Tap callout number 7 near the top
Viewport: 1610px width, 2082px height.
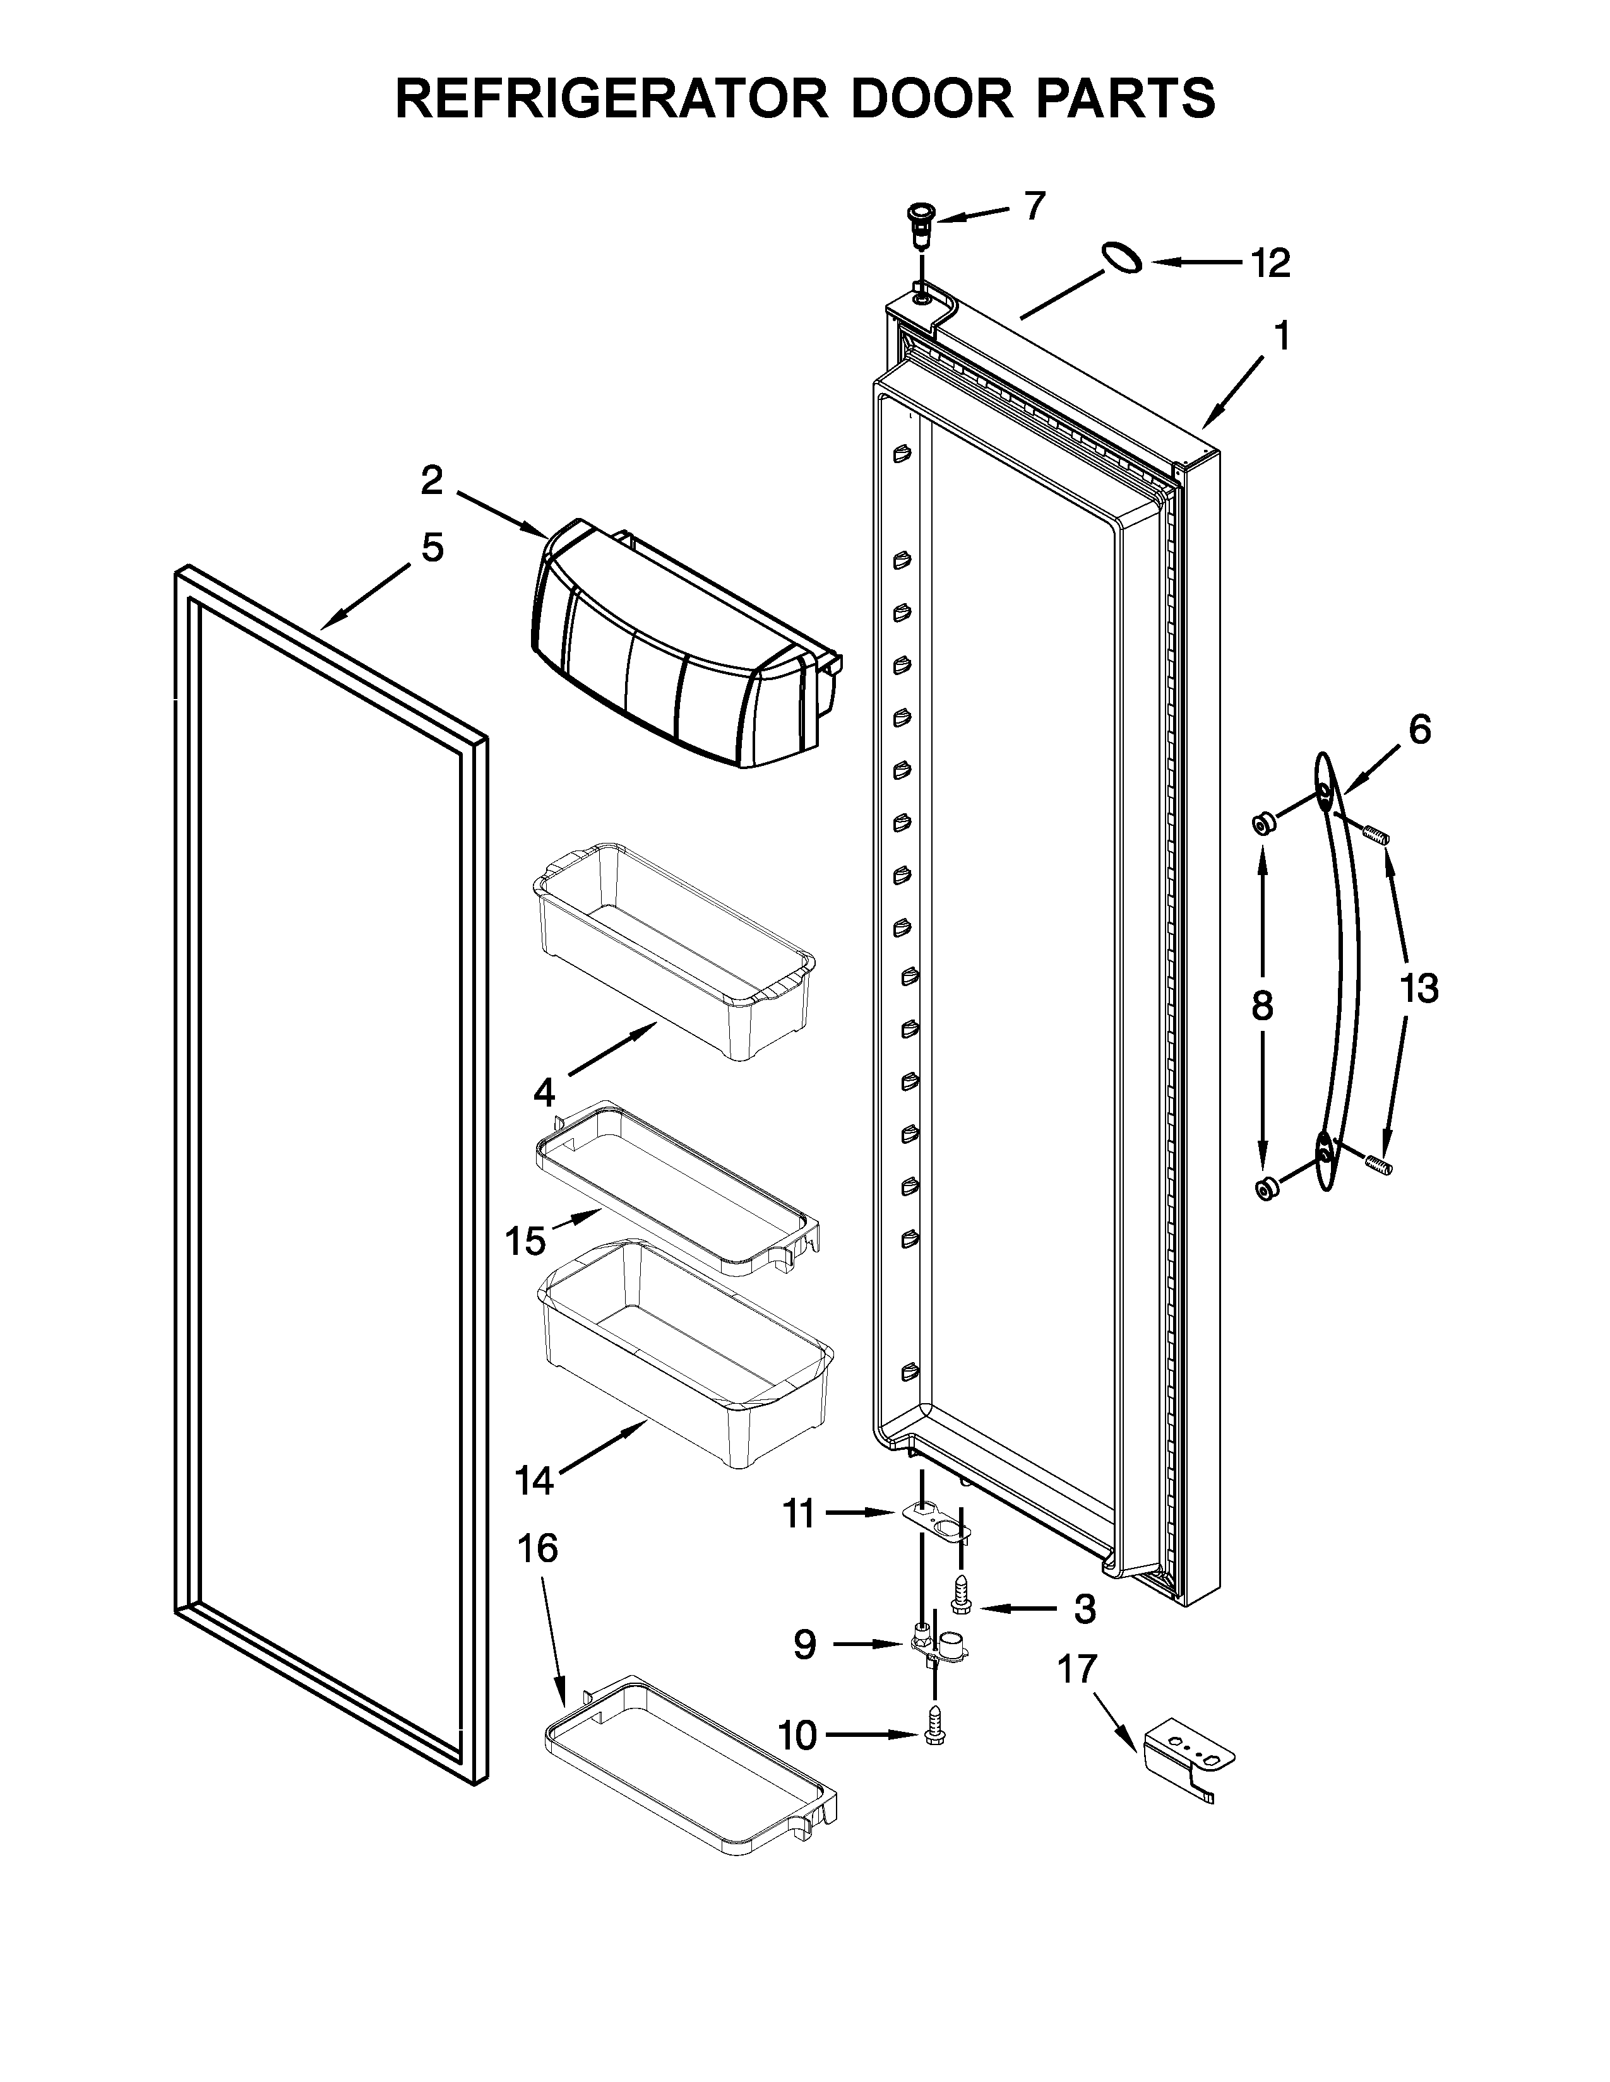[1035, 205]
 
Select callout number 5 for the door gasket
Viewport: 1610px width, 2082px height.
[432, 548]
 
